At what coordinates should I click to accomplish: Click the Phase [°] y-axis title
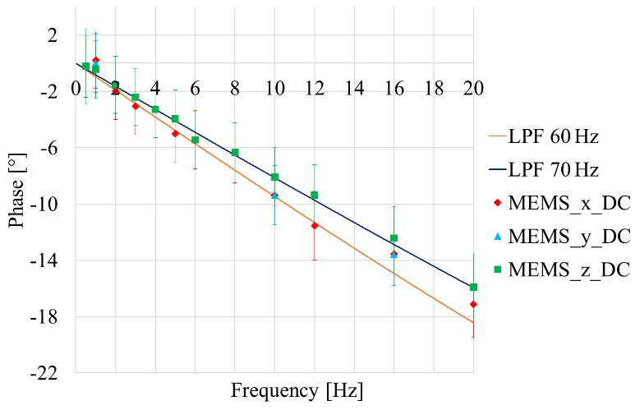tap(17, 202)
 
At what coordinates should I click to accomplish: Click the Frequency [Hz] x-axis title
tap(297, 389)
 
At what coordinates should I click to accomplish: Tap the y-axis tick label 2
tap(53, 35)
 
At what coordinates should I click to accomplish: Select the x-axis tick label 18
tap(434, 88)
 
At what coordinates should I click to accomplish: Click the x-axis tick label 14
tap(354, 88)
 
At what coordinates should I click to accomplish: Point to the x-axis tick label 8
tap(235, 88)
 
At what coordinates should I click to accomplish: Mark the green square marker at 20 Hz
tap(474, 287)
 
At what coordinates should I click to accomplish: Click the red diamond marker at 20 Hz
tap(474, 304)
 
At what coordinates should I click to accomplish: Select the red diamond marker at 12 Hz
tap(315, 225)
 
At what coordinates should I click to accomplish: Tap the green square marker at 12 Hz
tap(315, 195)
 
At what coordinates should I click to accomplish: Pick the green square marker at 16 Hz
tap(394, 238)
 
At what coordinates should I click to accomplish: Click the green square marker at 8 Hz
tap(235, 152)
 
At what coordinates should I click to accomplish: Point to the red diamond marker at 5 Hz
tap(175, 133)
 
